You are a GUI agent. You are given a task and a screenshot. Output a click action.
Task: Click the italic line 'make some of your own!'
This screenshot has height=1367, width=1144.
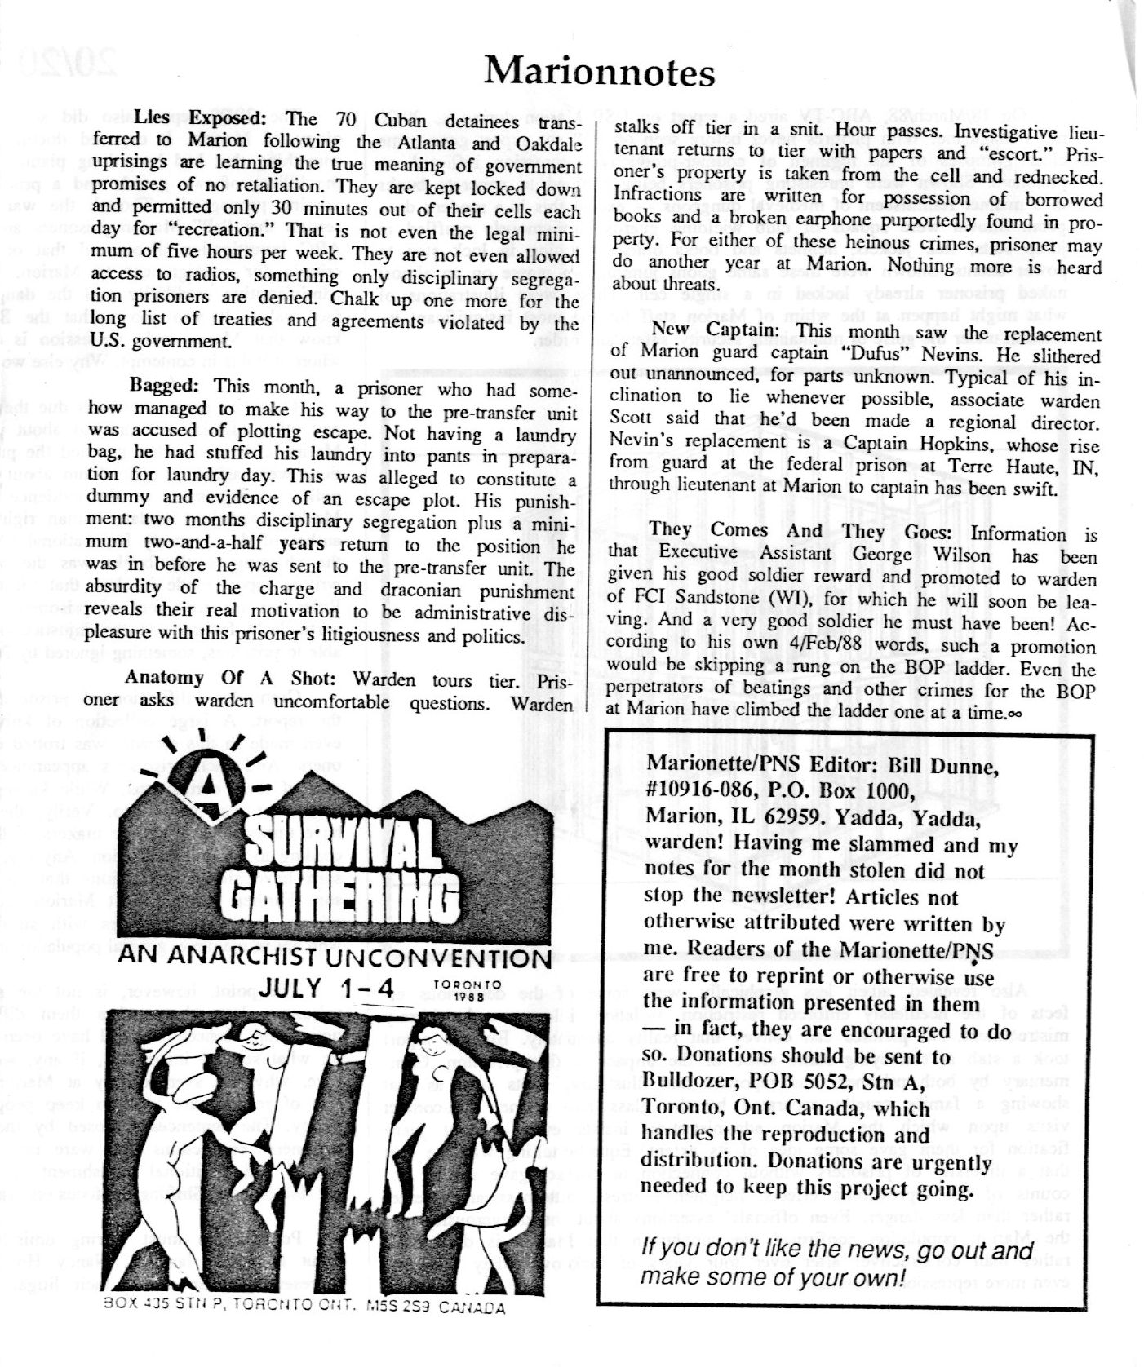(x=773, y=1276)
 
